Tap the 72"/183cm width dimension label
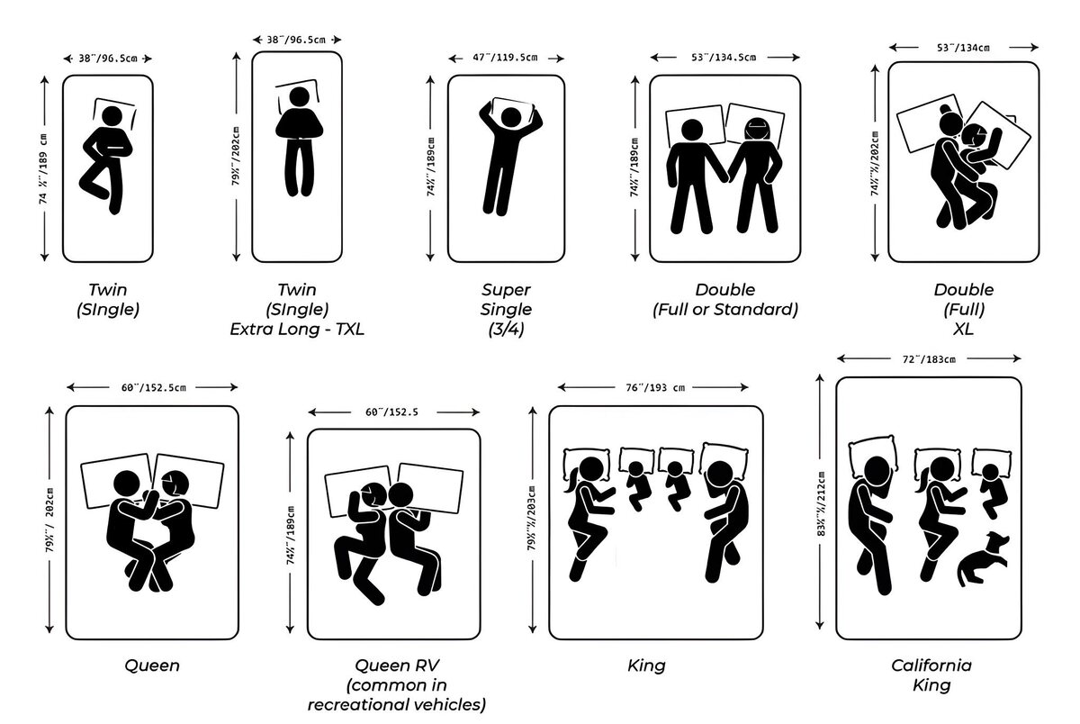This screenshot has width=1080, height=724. tap(930, 358)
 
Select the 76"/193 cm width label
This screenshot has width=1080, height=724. tap(655, 388)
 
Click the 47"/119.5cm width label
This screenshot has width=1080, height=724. tap(506, 58)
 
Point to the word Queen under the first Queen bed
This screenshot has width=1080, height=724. tap(152, 665)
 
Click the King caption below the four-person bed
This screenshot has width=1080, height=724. tap(646, 665)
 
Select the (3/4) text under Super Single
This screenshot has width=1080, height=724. tap(506, 329)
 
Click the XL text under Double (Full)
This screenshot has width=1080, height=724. tap(964, 329)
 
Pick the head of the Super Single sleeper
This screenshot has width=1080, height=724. tap(510, 117)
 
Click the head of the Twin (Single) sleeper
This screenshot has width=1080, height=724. tap(111, 117)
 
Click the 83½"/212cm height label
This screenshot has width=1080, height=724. tap(820, 504)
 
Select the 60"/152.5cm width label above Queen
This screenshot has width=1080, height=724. tap(153, 388)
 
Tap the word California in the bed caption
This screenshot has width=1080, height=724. tap(931, 665)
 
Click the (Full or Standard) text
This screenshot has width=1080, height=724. tap(724, 310)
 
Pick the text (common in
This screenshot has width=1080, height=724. tap(398, 684)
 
